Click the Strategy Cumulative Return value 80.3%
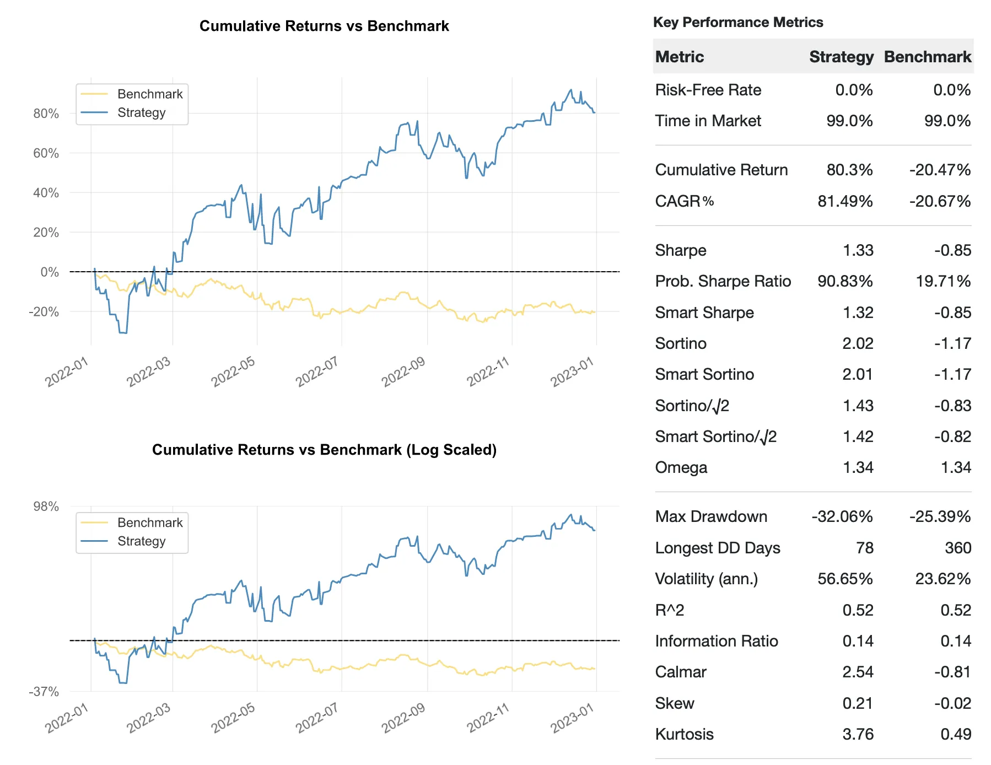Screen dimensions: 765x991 coord(849,170)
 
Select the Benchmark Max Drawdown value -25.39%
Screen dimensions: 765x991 coord(940,517)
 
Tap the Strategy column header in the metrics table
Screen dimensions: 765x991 coord(841,57)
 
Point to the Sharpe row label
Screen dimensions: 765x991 coord(681,251)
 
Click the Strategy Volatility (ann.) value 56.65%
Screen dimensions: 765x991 coord(845,579)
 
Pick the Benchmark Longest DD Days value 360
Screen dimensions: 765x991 coord(958,548)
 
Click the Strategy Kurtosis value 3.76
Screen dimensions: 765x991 coord(858,735)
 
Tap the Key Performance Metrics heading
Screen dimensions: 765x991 coord(738,23)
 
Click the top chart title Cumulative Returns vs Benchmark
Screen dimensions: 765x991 coord(324,26)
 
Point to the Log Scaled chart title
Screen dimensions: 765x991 coord(324,450)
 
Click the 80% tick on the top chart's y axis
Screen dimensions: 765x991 coord(46,114)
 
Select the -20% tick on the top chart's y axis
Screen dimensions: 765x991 coord(44,312)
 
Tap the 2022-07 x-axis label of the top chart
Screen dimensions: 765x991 coord(316,372)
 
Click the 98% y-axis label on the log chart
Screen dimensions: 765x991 coord(46,507)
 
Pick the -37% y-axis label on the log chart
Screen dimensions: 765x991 coord(44,692)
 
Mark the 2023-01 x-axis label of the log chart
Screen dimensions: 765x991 coord(572,719)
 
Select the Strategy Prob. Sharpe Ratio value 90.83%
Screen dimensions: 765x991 coord(845,282)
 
